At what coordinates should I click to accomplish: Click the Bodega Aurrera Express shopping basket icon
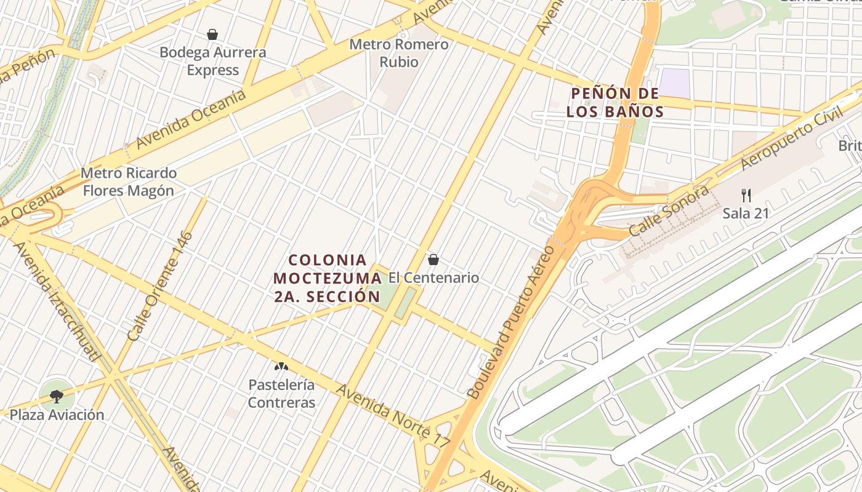[212, 34]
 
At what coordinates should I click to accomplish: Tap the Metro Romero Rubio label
[399, 53]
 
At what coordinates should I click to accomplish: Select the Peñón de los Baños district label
[615, 103]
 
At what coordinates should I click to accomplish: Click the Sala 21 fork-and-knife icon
[746, 196]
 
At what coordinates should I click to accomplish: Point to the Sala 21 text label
[746, 213]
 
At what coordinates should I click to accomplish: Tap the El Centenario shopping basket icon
[433, 260]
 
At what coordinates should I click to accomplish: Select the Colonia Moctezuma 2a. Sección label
[328, 278]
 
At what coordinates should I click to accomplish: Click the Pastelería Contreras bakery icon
[281, 367]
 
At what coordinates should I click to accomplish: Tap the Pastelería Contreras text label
[281, 394]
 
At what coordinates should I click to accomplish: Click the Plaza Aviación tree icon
[57, 396]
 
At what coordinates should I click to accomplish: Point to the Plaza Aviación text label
[57, 415]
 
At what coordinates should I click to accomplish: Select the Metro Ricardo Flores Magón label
[129, 181]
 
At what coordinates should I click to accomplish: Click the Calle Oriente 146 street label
[161, 286]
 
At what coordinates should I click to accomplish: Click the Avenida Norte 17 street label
[393, 416]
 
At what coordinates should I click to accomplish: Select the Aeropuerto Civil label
[792, 140]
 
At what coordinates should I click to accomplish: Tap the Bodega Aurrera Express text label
[212, 61]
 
